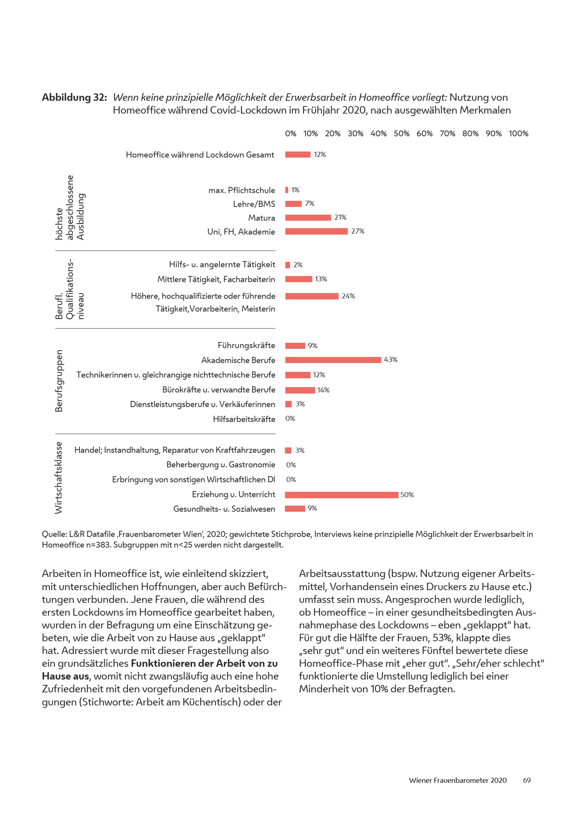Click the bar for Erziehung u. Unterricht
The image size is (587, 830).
click(342, 495)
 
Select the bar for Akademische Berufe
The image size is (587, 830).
click(333, 360)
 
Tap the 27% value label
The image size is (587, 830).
click(357, 231)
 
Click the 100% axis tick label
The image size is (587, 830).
click(518, 134)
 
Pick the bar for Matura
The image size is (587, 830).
click(308, 217)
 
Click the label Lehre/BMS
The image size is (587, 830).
click(254, 204)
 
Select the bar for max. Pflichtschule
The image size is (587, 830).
click(287, 190)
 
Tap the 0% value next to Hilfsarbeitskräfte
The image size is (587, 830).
click(290, 419)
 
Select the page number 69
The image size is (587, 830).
click(527, 780)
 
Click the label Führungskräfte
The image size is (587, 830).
click(246, 346)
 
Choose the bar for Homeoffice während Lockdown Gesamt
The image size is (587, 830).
click(298, 155)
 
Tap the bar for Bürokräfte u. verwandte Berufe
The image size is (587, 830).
click(300, 390)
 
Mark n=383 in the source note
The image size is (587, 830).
click(98, 545)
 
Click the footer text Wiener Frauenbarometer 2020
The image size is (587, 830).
click(458, 780)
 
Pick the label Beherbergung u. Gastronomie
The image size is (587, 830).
click(220, 465)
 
